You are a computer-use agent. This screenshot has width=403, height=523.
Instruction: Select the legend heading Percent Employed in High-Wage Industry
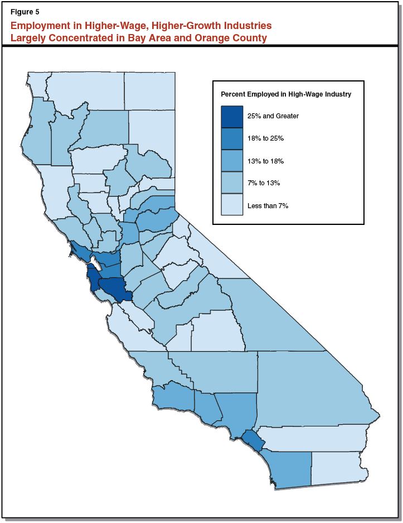pos(286,94)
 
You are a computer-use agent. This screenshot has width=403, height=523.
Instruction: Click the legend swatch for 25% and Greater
pos(232,117)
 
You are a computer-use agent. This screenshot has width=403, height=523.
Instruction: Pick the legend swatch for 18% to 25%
pos(232,139)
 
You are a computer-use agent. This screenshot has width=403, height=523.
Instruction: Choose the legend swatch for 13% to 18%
pos(232,161)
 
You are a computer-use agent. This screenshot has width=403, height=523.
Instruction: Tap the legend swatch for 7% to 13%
pos(232,183)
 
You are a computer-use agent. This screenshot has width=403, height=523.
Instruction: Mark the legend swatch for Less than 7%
pos(232,205)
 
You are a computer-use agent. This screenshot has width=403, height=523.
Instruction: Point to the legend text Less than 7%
pos(268,205)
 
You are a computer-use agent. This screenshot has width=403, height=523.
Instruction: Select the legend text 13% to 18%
pos(266,161)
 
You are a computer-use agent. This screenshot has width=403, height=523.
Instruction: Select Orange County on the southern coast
pos(254,439)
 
